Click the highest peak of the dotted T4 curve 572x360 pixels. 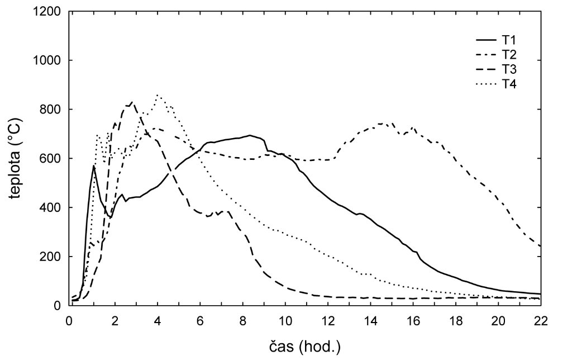tap(159, 95)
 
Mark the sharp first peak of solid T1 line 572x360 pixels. tap(94, 165)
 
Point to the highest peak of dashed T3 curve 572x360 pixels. tap(132, 102)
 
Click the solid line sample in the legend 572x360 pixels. tap(487, 40)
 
